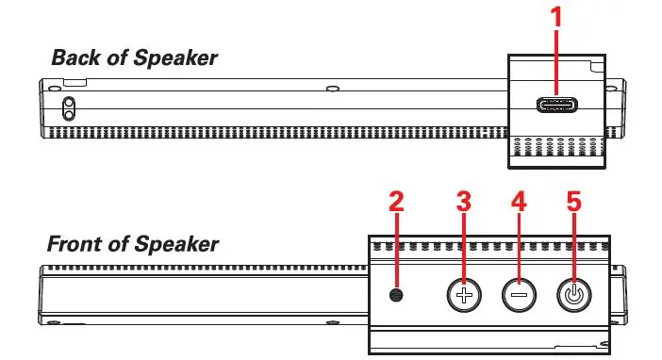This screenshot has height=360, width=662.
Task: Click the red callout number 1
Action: point(556,16)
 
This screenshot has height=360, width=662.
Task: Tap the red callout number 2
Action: point(396,202)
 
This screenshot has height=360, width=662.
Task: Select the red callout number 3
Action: point(462,202)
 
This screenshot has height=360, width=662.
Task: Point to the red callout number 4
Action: point(518,202)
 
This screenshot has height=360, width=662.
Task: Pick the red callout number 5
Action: point(572,202)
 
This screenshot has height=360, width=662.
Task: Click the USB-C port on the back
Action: point(556,106)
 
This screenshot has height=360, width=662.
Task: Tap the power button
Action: point(572,295)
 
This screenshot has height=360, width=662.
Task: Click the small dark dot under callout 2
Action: point(396,295)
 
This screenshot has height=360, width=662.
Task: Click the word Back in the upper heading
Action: point(75,57)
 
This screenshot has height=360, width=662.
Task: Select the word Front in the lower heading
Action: point(78,245)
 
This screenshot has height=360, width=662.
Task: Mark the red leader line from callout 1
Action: point(556,61)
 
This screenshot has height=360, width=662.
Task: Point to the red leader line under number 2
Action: point(396,250)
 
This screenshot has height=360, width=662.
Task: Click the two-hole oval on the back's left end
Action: point(68,108)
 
